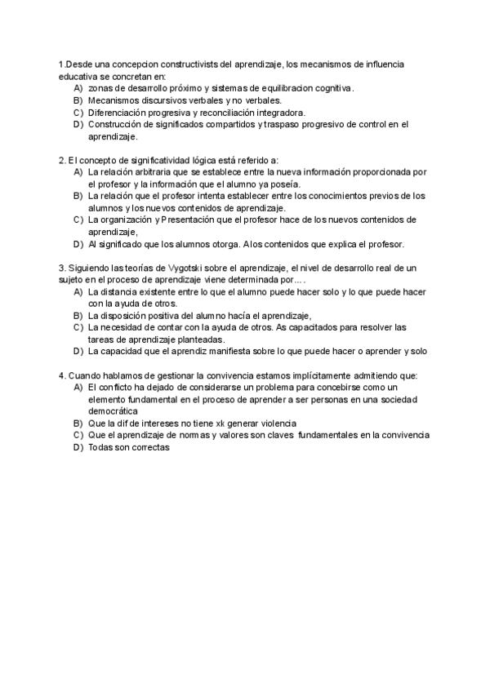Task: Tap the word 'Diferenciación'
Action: click(117, 112)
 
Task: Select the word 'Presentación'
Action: click(191, 220)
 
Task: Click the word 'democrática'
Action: click(115, 411)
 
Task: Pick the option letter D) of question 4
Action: click(78, 447)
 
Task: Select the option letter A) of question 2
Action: click(78, 172)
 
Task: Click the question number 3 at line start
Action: click(62, 268)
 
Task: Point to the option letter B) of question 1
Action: click(78, 100)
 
